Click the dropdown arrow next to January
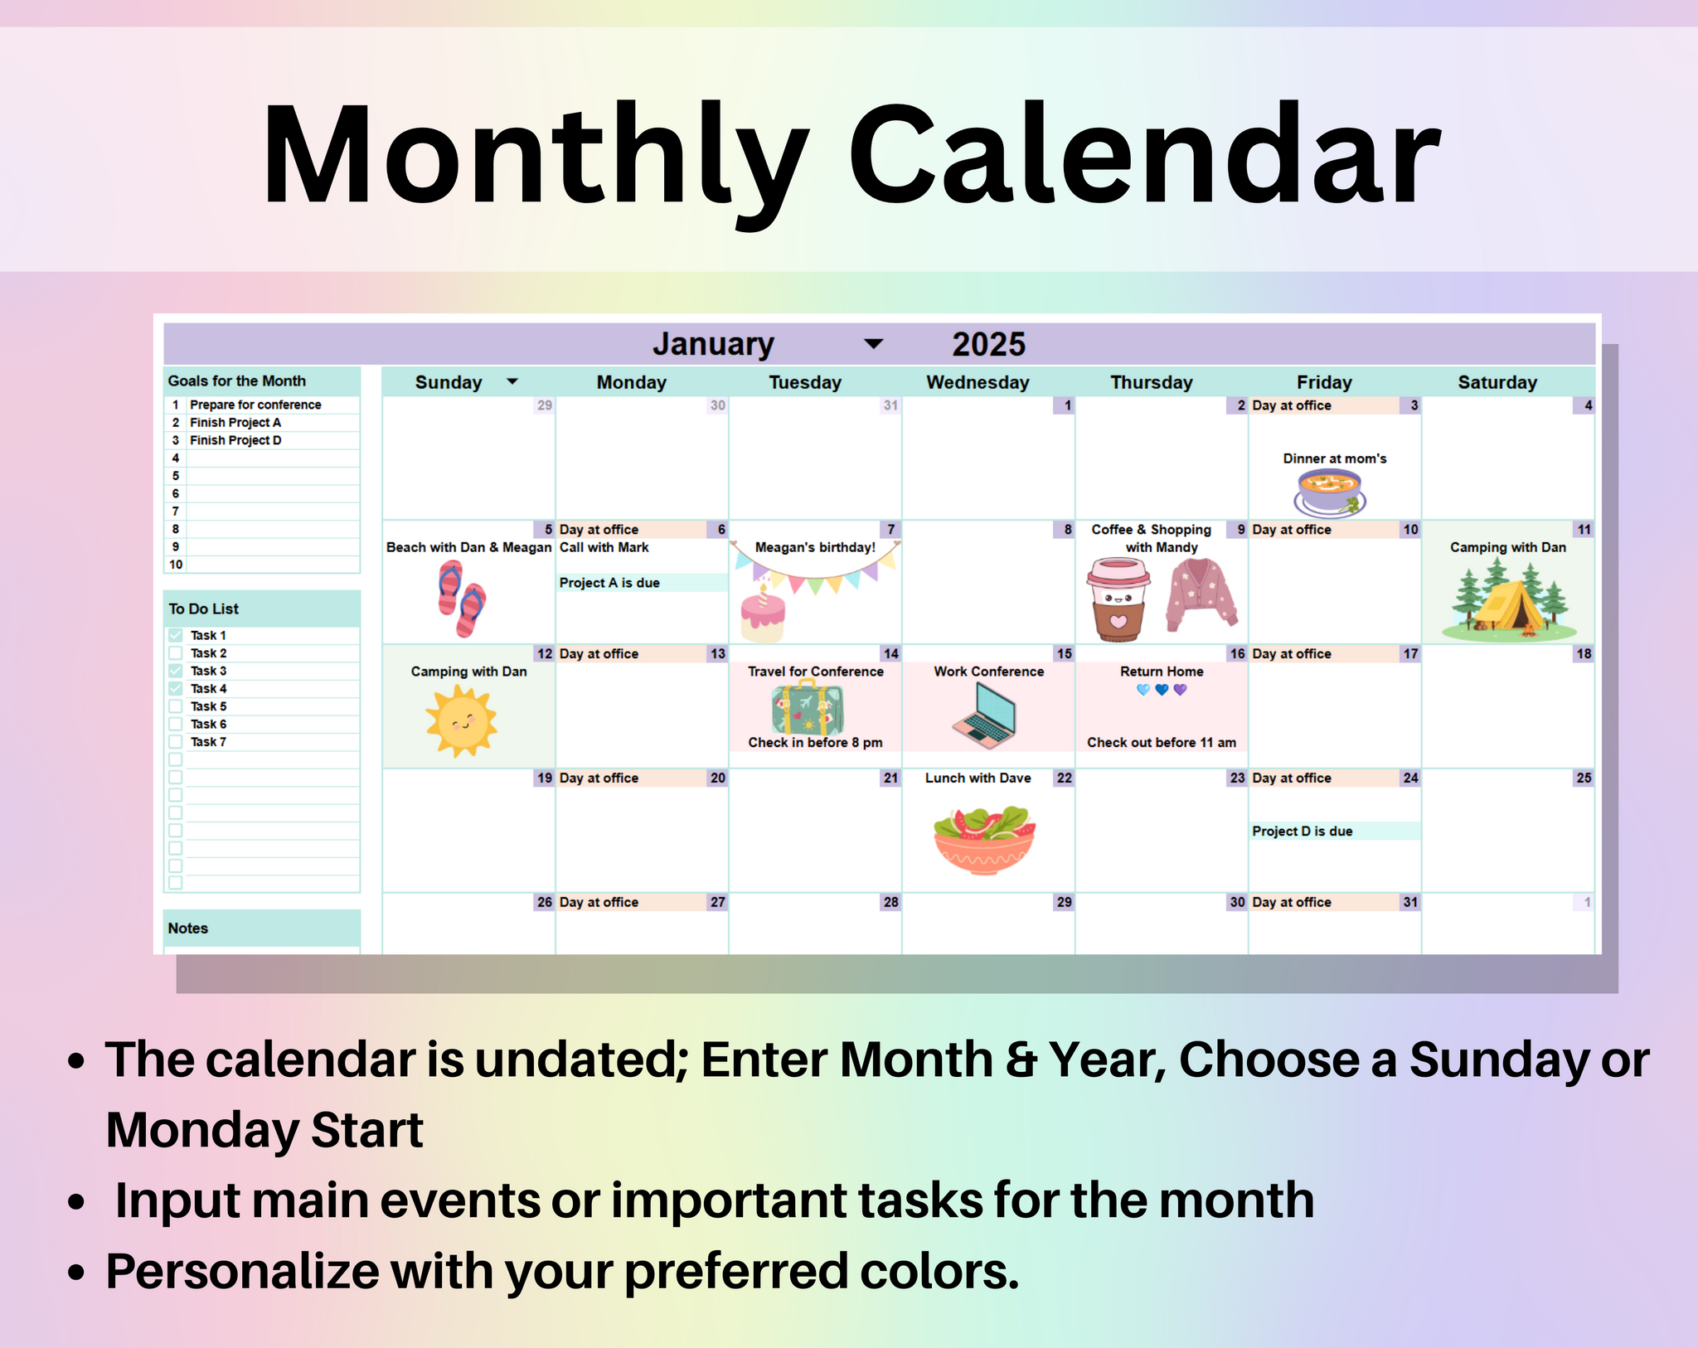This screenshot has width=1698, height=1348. tap(873, 344)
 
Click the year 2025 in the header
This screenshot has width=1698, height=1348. tap(988, 344)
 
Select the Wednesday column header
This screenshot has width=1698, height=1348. tap(978, 382)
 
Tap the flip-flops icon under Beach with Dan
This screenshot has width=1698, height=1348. tap(462, 598)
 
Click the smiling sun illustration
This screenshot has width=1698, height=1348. tap(461, 720)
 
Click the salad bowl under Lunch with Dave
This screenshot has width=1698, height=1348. tap(984, 839)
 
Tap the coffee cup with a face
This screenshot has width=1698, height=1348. tap(1118, 599)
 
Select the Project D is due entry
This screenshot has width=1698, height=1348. tap(1302, 831)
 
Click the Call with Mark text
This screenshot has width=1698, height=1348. tap(604, 547)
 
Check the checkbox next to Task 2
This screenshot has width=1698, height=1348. tap(176, 653)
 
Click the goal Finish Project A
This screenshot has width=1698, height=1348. tap(235, 422)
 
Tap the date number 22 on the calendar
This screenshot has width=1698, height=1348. tap(1064, 778)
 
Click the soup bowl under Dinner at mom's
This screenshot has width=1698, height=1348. tap(1329, 491)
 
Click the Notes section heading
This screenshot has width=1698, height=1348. tap(188, 928)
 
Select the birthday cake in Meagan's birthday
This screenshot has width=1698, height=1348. tap(762, 615)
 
